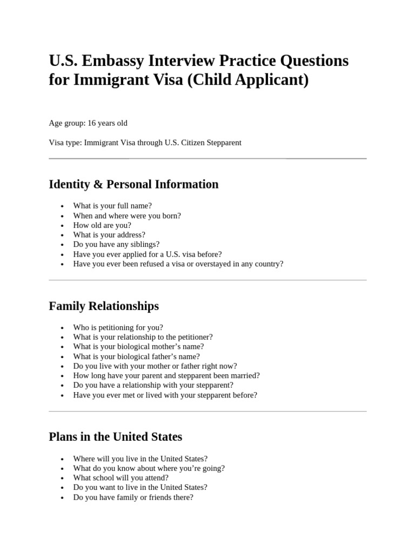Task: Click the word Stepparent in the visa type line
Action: (x=222, y=143)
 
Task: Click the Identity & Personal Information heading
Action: (x=133, y=184)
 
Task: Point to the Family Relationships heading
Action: (x=104, y=306)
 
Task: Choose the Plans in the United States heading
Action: (x=115, y=436)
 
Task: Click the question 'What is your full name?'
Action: (x=112, y=206)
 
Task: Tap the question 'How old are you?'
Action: (x=102, y=225)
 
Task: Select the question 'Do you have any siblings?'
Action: (x=116, y=245)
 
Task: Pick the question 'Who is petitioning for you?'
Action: (x=118, y=327)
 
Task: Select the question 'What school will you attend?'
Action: (x=121, y=477)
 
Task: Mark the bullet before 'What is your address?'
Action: (x=63, y=235)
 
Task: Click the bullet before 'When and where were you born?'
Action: (x=63, y=216)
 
